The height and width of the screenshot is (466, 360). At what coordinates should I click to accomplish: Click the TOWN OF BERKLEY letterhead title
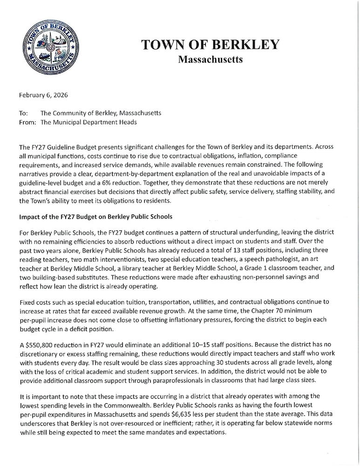coord(210,45)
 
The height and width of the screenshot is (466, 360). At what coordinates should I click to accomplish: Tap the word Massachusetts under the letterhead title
coord(210,60)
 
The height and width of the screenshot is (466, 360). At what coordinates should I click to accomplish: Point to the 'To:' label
coord(23,113)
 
